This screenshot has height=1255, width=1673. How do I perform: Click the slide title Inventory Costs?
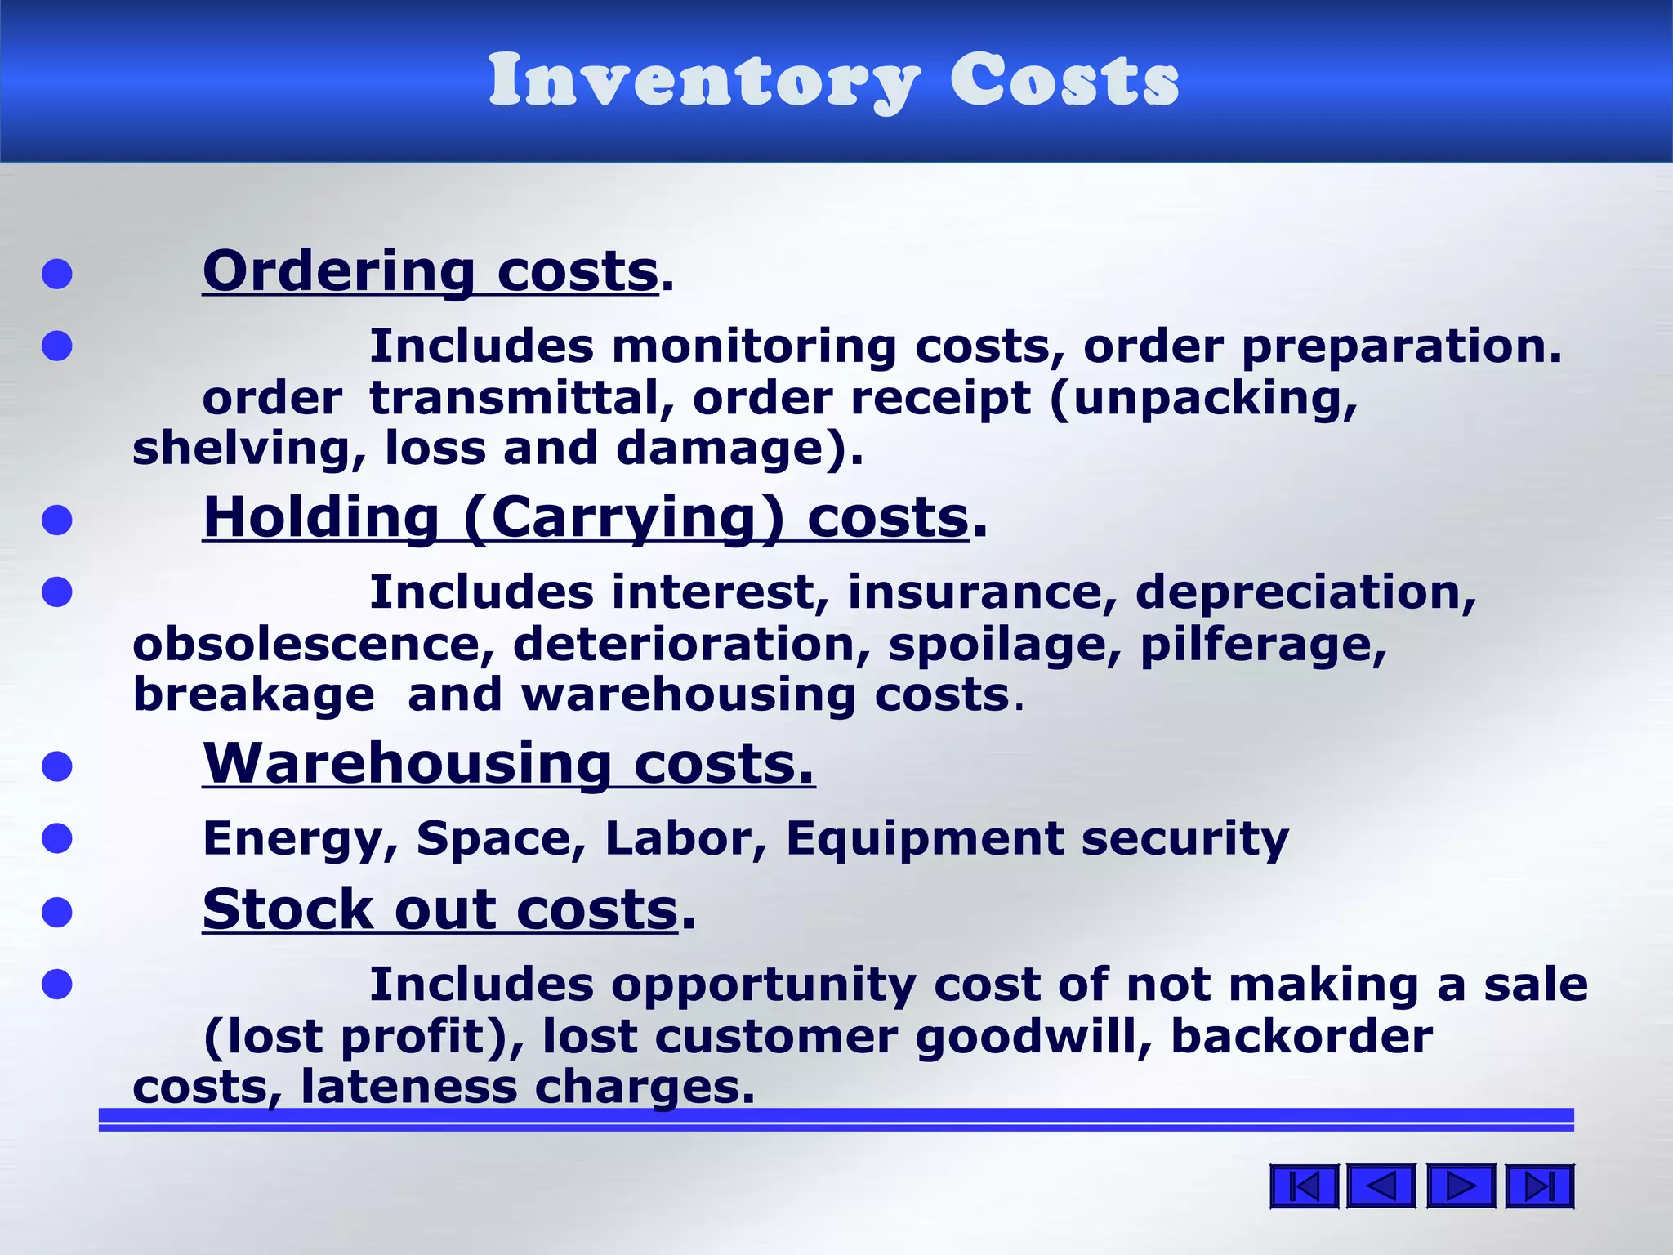(834, 79)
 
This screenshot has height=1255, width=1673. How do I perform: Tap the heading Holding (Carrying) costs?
(586, 517)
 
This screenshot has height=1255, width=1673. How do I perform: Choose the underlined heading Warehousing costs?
(508, 763)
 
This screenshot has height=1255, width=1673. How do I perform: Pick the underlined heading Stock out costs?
(440, 909)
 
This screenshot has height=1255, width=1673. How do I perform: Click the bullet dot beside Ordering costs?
(57, 275)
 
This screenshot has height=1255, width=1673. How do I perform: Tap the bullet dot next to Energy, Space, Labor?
(57, 839)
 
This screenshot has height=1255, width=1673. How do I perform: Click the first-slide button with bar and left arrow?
(1304, 1186)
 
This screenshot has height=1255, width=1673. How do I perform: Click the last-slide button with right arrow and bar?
(1539, 1186)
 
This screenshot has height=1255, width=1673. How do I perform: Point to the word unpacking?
(1206, 400)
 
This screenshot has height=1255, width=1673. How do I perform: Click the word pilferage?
(1263, 645)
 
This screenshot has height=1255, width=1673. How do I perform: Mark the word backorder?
(1301, 1036)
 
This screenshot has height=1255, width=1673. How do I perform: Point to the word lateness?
(408, 1088)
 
